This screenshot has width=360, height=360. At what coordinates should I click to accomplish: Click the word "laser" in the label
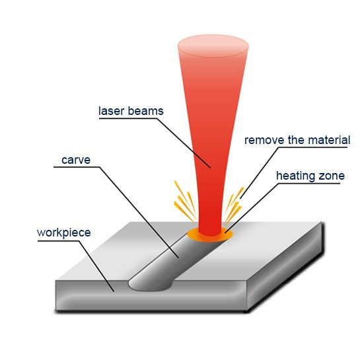pos(112,111)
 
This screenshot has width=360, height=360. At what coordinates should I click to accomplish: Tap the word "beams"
pos(145,111)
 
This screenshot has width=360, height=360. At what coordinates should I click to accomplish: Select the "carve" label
pos(76,160)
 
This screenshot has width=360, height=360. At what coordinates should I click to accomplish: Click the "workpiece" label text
pos(64,233)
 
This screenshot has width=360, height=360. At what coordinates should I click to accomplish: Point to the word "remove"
pos(264,140)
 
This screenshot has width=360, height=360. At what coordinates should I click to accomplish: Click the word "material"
pos(329,140)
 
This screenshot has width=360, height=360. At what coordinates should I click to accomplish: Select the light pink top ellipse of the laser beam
pos(213,46)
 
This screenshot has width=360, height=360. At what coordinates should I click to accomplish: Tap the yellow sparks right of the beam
pos(234,205)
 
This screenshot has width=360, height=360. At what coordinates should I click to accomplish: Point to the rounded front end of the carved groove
pos(149,285)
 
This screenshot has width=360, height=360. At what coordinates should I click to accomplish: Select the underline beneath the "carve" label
pos(77,167)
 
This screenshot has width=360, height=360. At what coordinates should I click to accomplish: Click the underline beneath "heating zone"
pos(309,184)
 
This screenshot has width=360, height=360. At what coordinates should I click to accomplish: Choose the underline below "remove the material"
pos(312,147)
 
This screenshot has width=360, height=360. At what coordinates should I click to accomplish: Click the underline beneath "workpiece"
pos(58,241)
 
